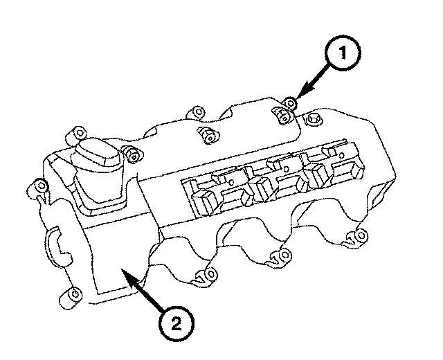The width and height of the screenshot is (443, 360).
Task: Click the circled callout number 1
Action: pos(343,53)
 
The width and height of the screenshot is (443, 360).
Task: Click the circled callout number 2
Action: pos(176,323)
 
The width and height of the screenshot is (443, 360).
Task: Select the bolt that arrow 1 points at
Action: pos(289,102)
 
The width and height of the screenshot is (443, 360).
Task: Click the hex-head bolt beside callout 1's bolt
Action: pos(313,118)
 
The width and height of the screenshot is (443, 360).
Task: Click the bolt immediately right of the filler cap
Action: pos(133,155)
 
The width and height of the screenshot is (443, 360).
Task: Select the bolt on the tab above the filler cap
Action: pos(78,134)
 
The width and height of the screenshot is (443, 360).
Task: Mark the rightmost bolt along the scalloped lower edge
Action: pos(359,235)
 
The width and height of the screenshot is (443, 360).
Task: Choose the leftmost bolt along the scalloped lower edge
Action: pos(208,275)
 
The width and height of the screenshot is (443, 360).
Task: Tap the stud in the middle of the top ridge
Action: pos(209,135)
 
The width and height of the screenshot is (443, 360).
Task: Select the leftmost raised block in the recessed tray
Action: pos(205,201)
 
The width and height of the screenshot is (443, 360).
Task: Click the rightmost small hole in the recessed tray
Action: pos(341,155)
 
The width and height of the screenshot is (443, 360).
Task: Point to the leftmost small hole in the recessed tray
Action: pos(232,182)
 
